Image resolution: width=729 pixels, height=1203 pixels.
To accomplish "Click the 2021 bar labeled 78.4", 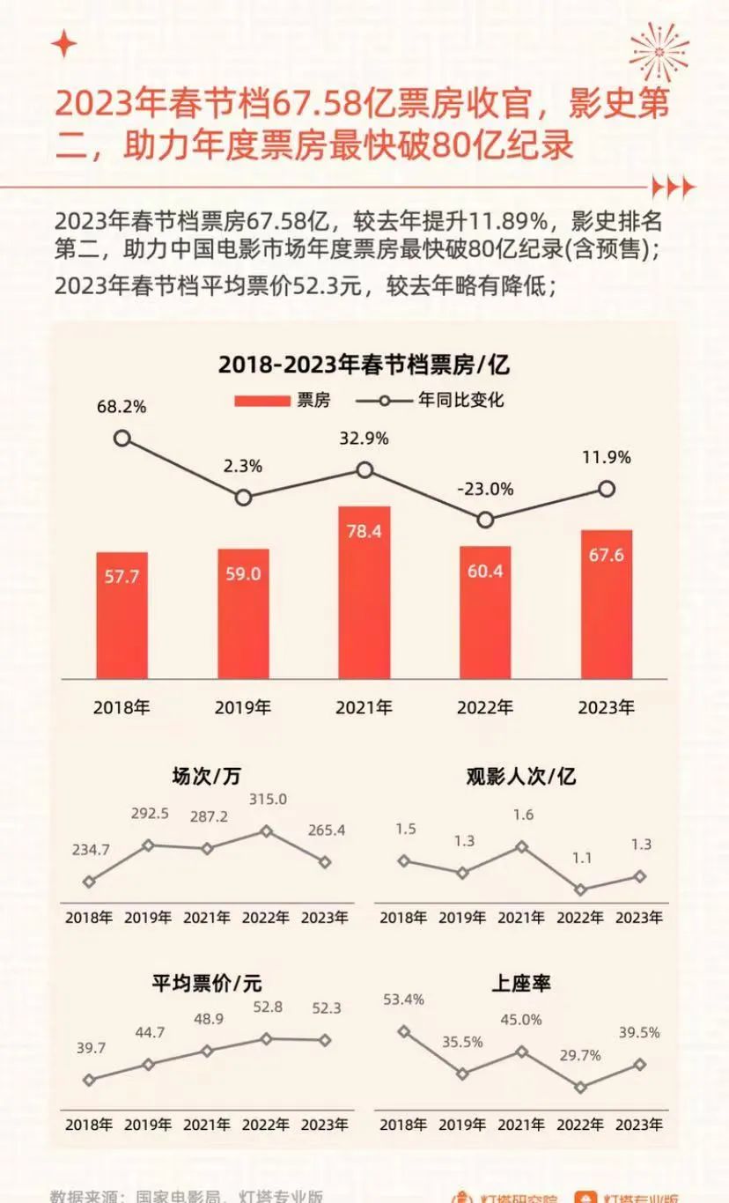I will (x=364, y=592).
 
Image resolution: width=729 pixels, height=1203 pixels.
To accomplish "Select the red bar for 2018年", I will (x=121, y=615).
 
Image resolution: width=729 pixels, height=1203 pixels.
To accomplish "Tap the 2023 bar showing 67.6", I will (x=606, y=604).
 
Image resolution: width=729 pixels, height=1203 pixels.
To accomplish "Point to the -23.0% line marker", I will (x=486, y=520).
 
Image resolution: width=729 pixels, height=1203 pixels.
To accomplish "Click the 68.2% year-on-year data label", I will (x=121, y=407).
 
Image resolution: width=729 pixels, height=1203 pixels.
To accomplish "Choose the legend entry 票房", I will (x=283, y=400).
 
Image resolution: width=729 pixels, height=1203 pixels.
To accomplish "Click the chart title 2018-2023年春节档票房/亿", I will (x=364, y=364).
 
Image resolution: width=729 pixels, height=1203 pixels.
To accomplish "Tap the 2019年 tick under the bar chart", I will (x=243, y=707).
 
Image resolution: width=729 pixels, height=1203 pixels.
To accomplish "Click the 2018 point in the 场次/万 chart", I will (x=89, y=881).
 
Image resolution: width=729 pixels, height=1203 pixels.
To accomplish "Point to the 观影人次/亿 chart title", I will (x=521, y=776).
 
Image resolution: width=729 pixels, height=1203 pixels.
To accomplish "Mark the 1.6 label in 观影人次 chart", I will (x=523, y=815).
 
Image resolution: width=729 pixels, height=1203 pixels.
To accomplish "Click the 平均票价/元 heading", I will (x=206, y=983).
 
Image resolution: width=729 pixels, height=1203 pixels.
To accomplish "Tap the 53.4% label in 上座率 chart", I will (x=403, y=999).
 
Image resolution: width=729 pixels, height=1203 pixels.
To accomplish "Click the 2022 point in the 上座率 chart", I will (x=579, y=1087).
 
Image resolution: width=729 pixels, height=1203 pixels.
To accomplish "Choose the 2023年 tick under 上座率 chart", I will (x=639, y=1125).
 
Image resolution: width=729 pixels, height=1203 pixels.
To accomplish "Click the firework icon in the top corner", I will (x=659, y=52).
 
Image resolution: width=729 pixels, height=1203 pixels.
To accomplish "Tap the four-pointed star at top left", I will (x=63, y=44).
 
